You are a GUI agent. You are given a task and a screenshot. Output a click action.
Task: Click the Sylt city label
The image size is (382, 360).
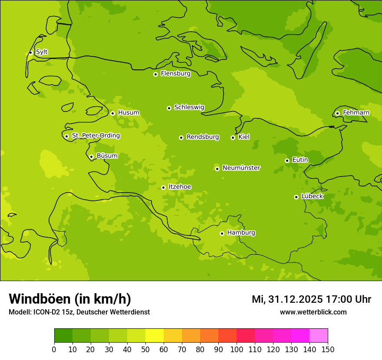coord(42,52)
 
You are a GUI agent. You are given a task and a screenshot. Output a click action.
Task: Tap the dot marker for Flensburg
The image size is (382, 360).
coord(155,74)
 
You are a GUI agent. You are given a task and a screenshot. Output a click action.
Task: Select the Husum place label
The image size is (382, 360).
coord(128,113)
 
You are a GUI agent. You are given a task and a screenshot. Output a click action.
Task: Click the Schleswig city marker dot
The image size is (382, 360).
coord(169,108)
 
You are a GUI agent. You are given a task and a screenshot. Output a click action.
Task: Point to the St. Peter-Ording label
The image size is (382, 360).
coord(95,136)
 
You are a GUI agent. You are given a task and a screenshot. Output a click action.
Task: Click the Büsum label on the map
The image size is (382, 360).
coord(107,156)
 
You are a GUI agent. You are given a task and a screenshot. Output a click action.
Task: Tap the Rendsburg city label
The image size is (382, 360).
coord(203,137)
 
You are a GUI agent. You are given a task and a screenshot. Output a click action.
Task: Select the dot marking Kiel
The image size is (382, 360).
coord(233,137)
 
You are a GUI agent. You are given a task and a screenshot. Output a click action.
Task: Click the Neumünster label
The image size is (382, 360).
coord(241,168)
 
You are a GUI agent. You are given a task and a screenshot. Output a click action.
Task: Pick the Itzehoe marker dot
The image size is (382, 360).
coord(163,187)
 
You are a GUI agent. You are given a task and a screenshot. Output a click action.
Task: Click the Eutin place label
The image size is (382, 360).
coord(300,160)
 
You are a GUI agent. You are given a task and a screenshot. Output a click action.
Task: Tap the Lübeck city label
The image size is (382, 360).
coord(312,196)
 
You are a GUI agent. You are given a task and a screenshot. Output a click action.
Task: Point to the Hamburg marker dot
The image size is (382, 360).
coord(222,233)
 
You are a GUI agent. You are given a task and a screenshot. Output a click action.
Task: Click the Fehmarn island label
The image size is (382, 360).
coord(356,113)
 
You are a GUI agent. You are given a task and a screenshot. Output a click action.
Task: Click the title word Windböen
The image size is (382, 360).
coord(40,299)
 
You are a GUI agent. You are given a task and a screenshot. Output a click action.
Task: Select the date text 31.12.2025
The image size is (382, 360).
coord(295,299)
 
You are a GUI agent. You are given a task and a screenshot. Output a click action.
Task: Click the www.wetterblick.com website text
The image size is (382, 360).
coord(313,312)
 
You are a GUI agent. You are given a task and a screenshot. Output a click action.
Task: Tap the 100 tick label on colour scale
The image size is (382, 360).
coord(237,349)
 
